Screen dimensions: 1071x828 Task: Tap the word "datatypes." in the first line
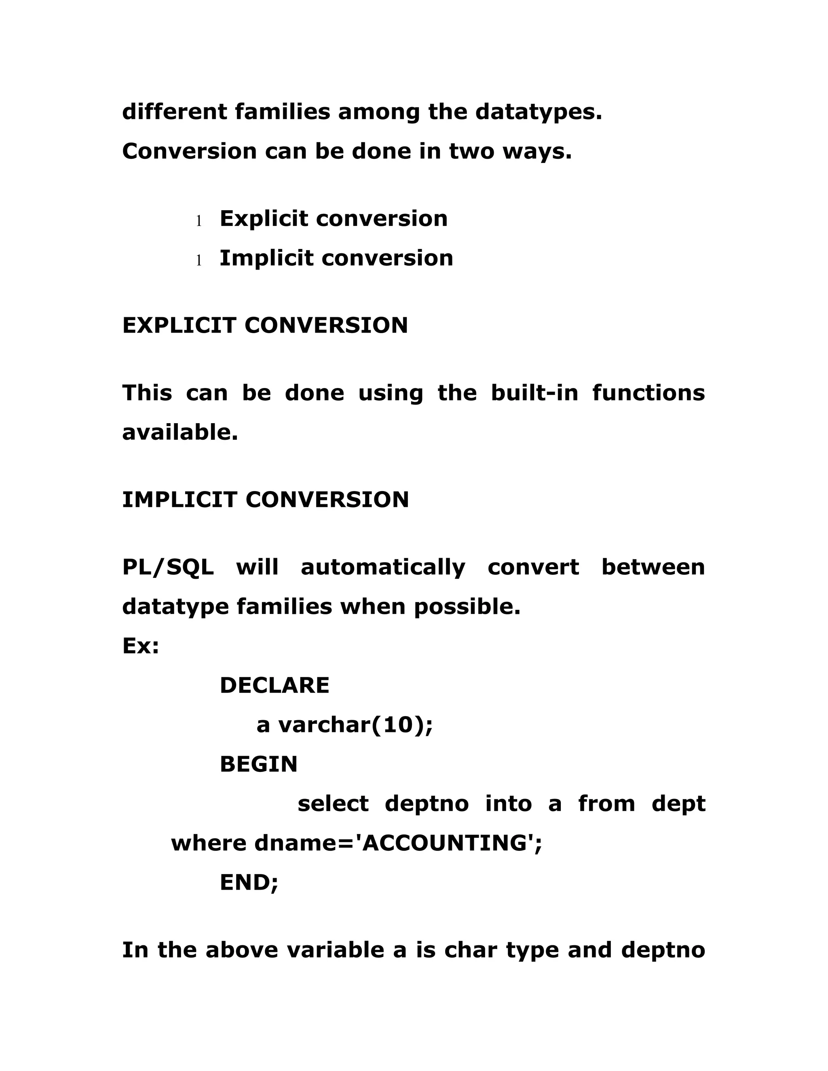coord(538,112)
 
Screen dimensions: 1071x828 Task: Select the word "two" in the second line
coord(471,151)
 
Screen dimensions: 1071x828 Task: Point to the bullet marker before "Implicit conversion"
coord(199,260)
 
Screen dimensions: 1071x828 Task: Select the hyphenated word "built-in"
coord(534,393)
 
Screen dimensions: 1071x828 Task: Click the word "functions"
coord(648,393)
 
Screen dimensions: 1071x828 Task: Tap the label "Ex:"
coord(141,646)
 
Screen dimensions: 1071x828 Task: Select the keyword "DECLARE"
coord(274,685)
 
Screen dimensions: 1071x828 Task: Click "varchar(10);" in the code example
coord(356,725)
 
